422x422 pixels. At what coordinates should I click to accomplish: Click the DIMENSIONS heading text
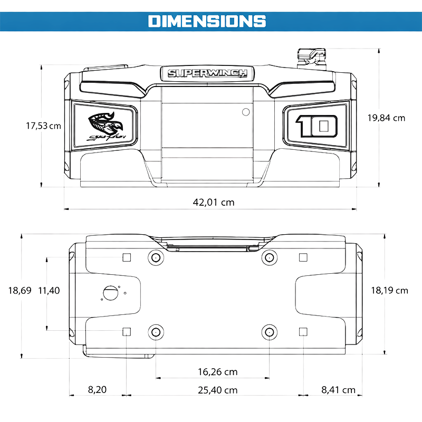[x=207, y=21]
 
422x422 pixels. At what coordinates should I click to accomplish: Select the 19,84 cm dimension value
[x=386, y=118]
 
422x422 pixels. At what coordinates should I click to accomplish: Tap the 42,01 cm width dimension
[x=213, y=202]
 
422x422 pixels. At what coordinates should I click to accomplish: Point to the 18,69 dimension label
[x=21, y=290]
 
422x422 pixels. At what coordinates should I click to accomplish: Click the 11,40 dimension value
[x=49, y=290]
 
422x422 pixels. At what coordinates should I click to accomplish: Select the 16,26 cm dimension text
[x=217, y=371]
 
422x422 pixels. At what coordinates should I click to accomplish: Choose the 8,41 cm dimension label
[x=338, y=390]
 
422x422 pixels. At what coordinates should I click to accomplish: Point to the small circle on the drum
[x=245, y=111]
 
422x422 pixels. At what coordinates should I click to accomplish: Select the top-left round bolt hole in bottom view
[x=156, y=257]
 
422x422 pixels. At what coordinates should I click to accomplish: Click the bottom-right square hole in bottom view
[x=303, y=331]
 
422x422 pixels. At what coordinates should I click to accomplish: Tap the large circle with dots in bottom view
[x=111, y=292]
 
